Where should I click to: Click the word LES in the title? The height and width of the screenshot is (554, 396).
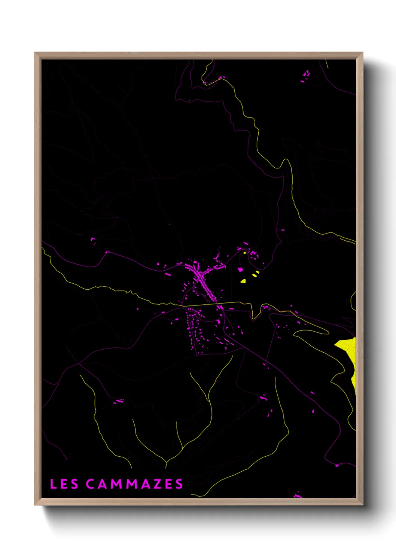click(64, 484)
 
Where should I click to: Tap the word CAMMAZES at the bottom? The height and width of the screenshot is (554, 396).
click(134, 484)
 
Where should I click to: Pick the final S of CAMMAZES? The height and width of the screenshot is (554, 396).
click(179, 484)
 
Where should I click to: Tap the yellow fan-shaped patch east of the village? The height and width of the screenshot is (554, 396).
click(243, 281)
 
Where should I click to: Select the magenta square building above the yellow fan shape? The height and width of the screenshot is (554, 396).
click(240, 269)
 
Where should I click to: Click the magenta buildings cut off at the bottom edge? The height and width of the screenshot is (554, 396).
click(298, 495)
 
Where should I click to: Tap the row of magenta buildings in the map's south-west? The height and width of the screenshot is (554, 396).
click(119, 401)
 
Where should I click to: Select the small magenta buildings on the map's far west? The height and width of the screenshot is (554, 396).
click(93, 240)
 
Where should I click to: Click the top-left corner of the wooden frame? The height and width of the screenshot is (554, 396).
click(35, 53)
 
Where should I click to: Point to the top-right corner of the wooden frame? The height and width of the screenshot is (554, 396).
click(362, 53)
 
